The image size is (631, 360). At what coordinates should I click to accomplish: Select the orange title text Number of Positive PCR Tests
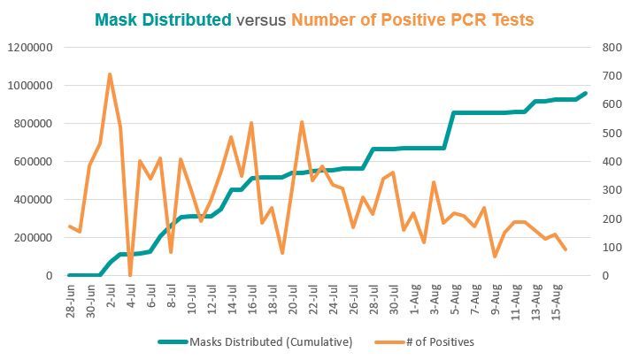(x=412, y=19)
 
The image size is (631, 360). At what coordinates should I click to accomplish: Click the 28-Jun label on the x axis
(x=71, y=301)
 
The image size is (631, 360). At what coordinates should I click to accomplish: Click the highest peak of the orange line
(x=110, y=74)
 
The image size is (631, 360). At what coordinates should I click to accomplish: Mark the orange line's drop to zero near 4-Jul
(x=130, y=275)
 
